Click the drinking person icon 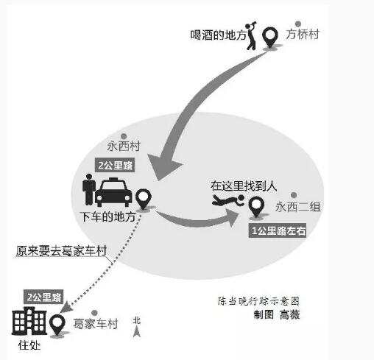[251, 35]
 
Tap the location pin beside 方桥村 [270, 38]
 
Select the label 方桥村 [303, 34]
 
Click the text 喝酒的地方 [218, 35]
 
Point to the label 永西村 [124, 147]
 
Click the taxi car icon [113, 191]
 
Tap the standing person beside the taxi [89, 189]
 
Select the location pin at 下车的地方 [144, 199]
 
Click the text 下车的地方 [108, 217]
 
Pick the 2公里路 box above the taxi [115, 165]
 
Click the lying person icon [228, 200]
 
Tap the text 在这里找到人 [244, 186]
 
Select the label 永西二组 [297, 207]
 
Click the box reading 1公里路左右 [278, 230]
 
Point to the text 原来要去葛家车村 [61, 250]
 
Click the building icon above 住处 [29, 321]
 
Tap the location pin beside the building [57, 325]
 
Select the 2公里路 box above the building [43, 297]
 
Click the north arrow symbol [137, 327]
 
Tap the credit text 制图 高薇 [277, 314]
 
